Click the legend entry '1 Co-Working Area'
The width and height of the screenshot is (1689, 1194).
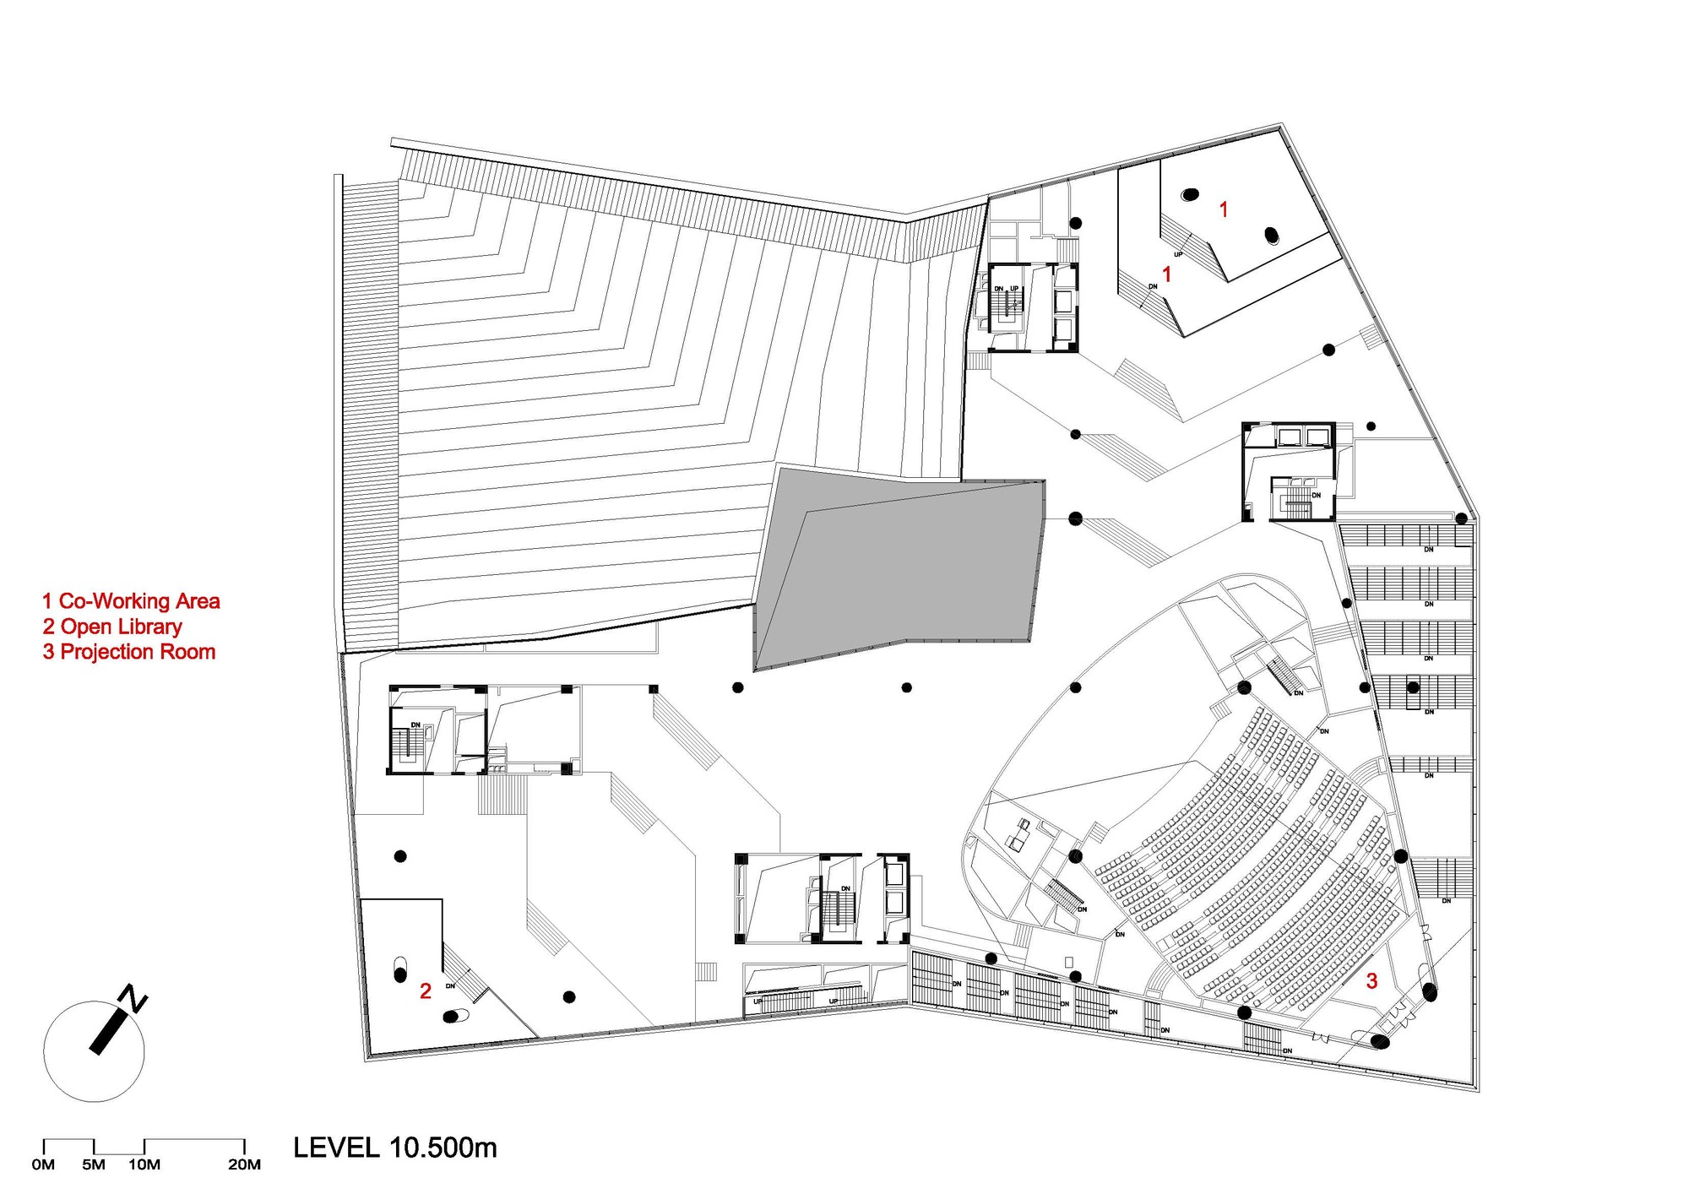(131, 601)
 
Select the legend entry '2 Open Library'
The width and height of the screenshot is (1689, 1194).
(112, 627)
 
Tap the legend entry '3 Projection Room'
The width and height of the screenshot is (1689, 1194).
(129, 652)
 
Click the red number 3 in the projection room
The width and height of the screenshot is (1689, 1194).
(1371, 980)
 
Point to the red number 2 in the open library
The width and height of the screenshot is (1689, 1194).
(426, 990)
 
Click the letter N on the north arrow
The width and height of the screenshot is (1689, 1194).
(134, 998)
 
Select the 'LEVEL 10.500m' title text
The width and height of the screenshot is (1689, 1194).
(395, 1148)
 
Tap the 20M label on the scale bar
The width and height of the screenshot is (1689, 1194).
(244, 1165)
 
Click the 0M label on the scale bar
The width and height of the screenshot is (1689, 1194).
(43, 1165)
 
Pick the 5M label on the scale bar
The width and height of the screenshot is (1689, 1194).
(94, 1165)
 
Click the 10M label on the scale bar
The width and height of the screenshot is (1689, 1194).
(144, 1165)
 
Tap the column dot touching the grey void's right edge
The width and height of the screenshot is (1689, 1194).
(1075, 518)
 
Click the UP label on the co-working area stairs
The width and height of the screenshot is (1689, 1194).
(1178, 254)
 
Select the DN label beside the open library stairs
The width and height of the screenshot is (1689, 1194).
(450, 985)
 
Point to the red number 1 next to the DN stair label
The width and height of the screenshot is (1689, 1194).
(1167, 274)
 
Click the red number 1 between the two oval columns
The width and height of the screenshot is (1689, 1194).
(1224, 209)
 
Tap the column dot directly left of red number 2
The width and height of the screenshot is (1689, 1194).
(399, 975)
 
